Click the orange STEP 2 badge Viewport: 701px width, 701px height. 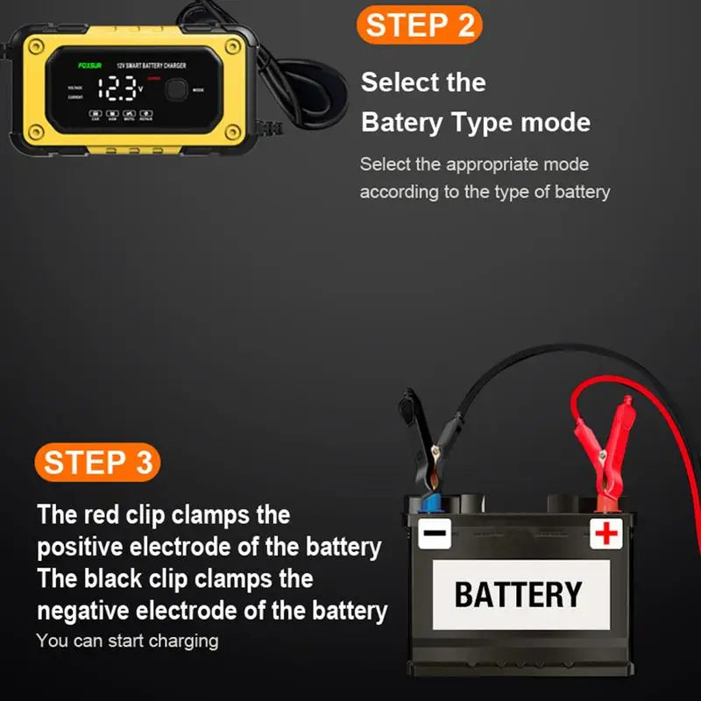[419, 25]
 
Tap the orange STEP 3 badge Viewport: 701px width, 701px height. [97, 463]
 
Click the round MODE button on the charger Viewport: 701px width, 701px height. [177, 90]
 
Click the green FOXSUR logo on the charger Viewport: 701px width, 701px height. [90, 66]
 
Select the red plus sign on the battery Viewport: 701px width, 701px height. [605, 533]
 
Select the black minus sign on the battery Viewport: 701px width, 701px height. [435, 533]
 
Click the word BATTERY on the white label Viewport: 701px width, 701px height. [518, 595]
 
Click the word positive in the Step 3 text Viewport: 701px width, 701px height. [81, 548]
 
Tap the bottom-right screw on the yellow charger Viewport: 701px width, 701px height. [231, 132]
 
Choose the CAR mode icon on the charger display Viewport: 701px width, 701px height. [96, 115]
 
